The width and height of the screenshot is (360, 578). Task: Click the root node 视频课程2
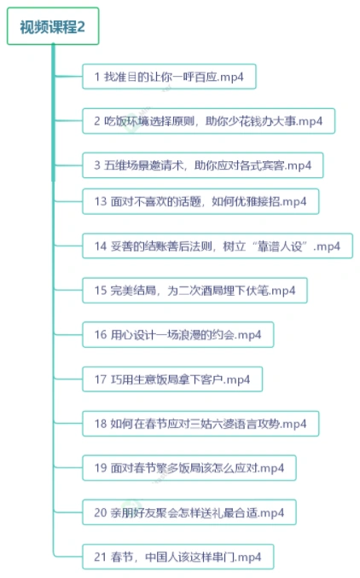coord(53,26)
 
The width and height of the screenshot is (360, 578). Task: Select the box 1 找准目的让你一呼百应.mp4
coord(169,77)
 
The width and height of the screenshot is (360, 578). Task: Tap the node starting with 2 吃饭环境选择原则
coord(208,121)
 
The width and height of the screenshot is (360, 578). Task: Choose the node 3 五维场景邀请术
coord(202,165)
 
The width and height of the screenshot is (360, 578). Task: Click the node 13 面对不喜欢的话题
coord(200,201)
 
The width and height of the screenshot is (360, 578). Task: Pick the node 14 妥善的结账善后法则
coord(218,246)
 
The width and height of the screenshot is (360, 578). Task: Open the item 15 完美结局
coord(195,291)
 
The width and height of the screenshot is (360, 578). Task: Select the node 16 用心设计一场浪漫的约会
coord(177,335)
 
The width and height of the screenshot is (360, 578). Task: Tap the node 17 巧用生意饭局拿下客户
coord(172,379)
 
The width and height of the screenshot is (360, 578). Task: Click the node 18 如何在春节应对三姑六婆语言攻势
coord(200,424)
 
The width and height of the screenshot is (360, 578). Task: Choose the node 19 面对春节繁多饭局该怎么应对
coord(189,468)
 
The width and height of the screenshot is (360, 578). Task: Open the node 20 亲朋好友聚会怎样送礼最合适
coord(189,512)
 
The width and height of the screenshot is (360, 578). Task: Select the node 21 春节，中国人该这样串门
coord(177,557)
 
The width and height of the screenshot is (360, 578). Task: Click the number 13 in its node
coord(101,202)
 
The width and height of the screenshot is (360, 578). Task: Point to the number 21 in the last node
coord(101,557)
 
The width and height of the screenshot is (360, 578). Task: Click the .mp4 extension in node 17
coord(237,379)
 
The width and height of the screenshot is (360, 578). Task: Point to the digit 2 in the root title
coord(81,26)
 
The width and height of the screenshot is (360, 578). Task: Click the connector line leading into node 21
coord(68,556)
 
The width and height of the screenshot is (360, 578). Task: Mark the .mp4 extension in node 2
coord(310,121)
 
